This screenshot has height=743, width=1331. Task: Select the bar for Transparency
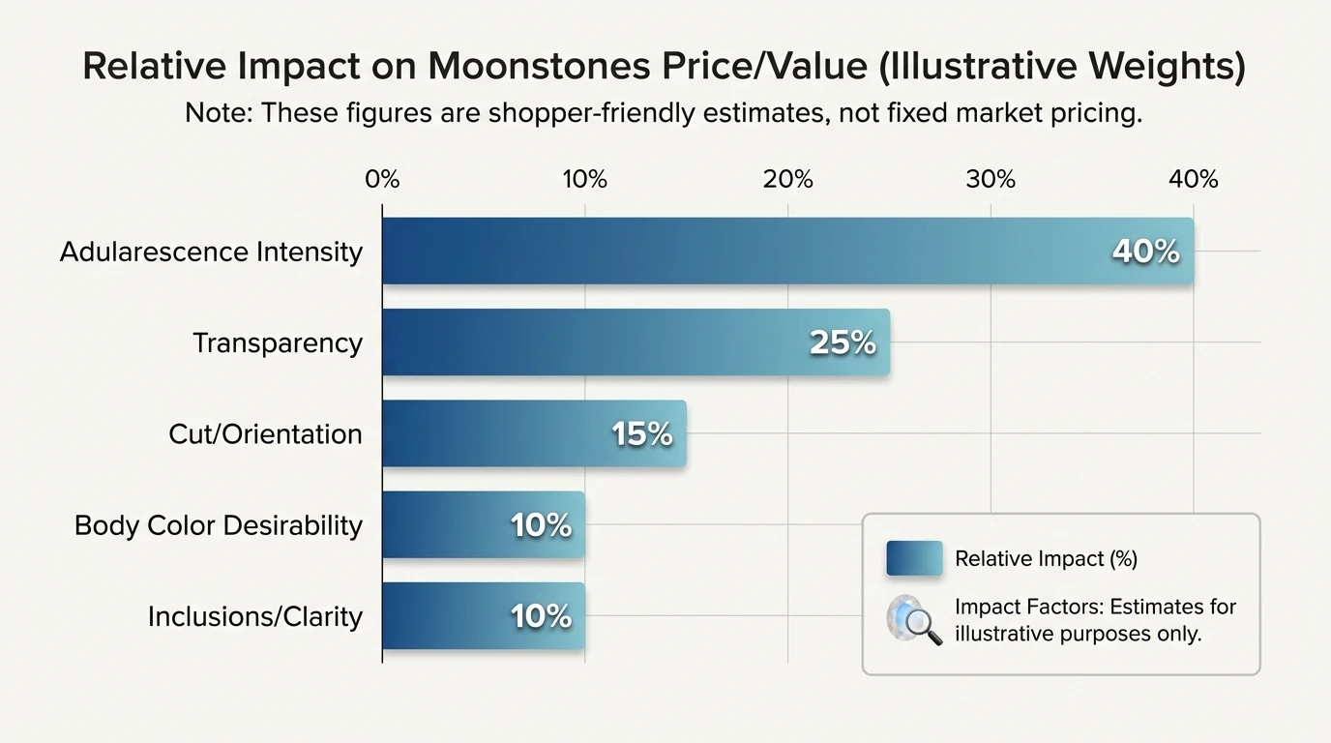click(600, 342)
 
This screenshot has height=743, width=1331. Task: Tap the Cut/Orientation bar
click(503, 433)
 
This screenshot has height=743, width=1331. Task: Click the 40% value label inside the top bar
click(1145, 252)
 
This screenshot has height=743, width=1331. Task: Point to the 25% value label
click(842, 342)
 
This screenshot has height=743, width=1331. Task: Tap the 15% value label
click(641, 433)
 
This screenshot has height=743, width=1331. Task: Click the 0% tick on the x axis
click(382, 180)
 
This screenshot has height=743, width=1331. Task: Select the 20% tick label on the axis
click(787, 180)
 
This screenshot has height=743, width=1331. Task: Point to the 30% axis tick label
click(991, 180)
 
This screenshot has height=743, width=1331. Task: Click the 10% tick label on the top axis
click(584, 180)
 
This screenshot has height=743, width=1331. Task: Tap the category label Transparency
click(278, 342)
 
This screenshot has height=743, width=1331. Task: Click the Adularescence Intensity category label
click(211, 252)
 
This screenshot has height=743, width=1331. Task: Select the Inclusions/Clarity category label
click(255, 616)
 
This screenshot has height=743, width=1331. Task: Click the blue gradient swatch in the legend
click(914, 558)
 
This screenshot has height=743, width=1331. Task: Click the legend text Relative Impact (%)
click(1046, 558)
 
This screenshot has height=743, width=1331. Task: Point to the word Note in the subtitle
click(217, 113)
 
